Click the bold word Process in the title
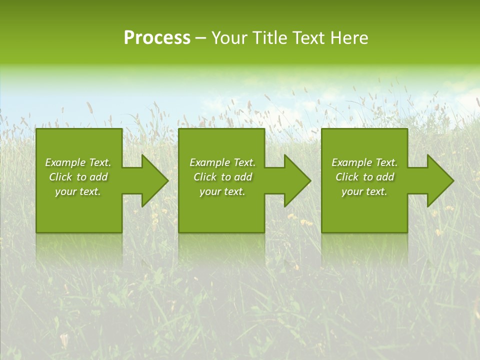point(157,38)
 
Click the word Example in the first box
point(65,162)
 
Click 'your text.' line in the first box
point(78,191)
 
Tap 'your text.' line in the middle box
point(222,191)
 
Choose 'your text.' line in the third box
point(364,191)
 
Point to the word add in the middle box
point(243,177)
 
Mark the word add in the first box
point(98,177)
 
